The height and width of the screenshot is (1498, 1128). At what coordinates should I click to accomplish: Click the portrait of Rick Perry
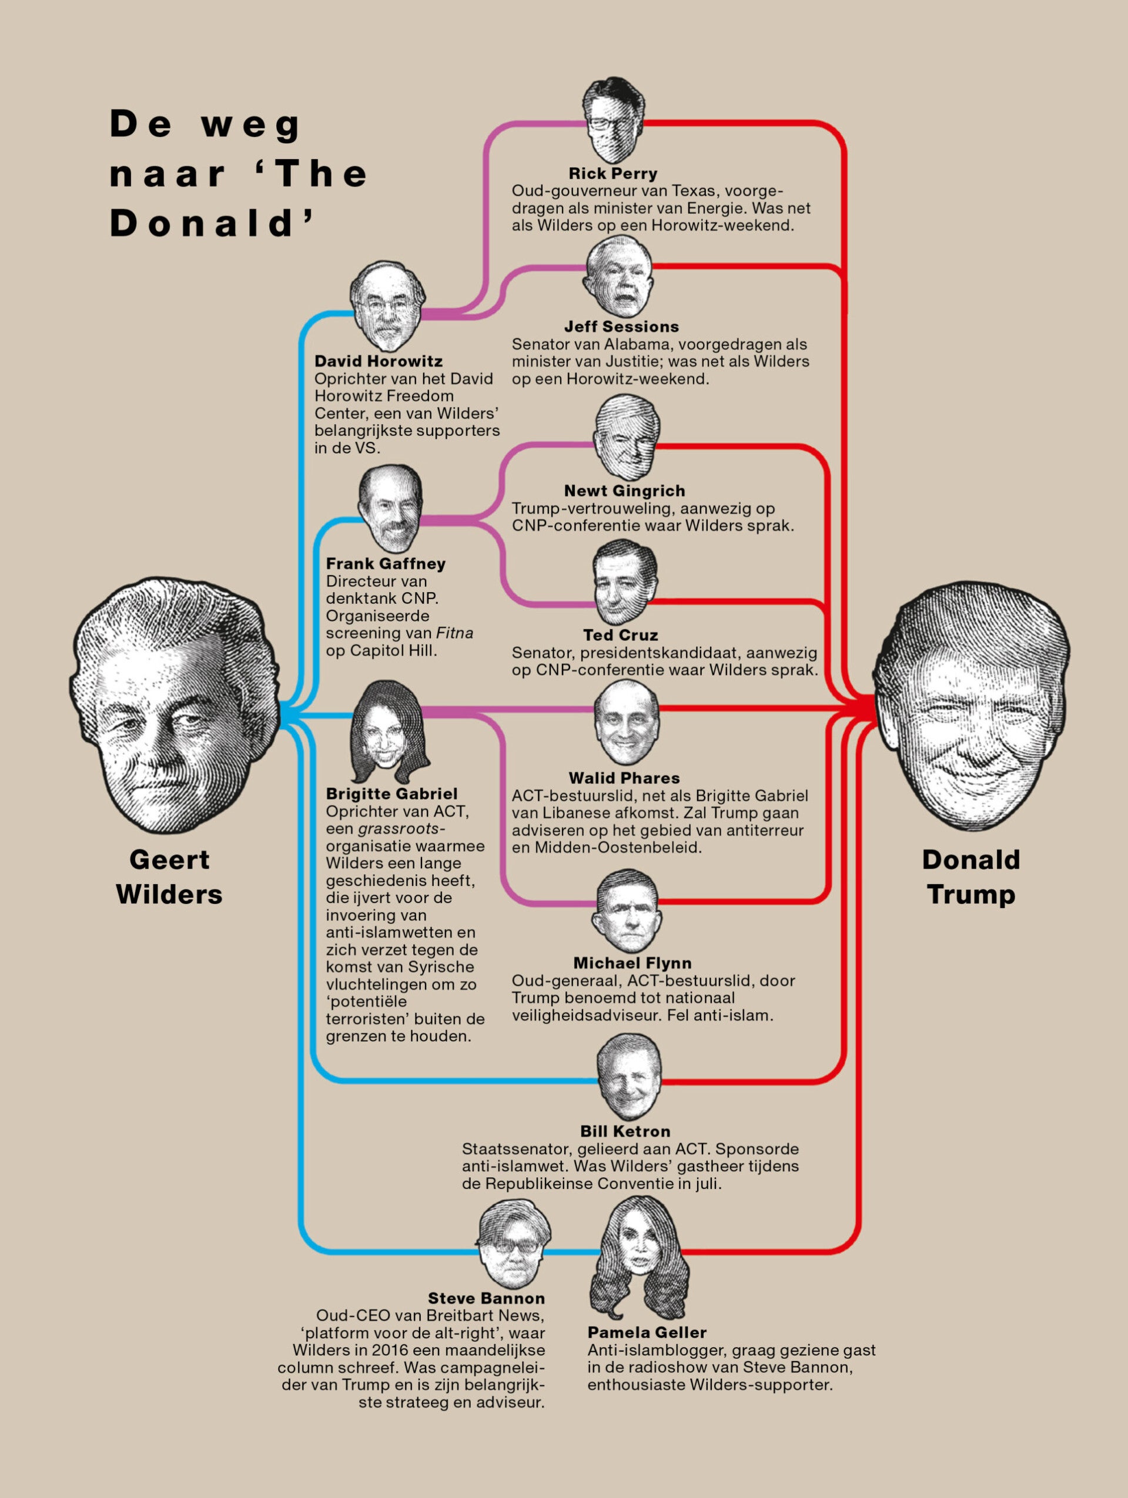click(x=614, y=120)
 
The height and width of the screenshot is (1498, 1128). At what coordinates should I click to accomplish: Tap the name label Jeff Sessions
click(x=621, y=327)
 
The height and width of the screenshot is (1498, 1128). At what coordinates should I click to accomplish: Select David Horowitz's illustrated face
click(x=387, y=306)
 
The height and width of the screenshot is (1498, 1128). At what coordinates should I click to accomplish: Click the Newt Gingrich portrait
click(x=627, y=438)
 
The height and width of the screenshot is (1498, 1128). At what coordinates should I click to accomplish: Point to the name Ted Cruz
click(x=621, y=635)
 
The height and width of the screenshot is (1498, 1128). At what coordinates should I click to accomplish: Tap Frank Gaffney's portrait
click(x=390, y=508)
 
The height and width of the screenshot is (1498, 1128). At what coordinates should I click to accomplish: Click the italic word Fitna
click(x=454, y=633)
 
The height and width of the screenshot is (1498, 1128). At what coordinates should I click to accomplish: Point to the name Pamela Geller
click(x=647, y=1332)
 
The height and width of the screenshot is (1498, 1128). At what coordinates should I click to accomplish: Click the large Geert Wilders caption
click(x=169, y=877)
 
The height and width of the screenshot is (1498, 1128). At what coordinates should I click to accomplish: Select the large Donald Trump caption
click(x=971, y=877)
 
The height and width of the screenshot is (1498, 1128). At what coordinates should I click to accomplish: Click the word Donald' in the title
click(x=212, y=223)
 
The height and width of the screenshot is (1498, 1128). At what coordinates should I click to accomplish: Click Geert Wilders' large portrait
click(x=174, y=704)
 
